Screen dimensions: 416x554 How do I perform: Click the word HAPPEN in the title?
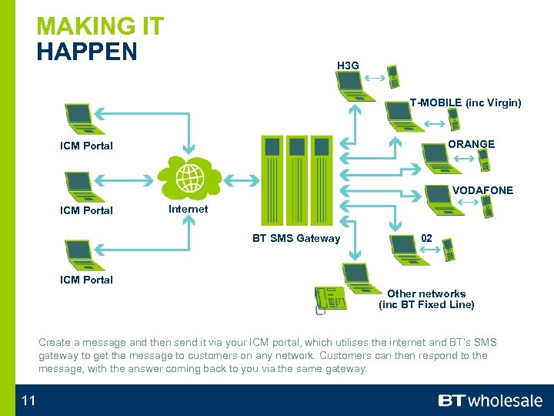click(87, 52)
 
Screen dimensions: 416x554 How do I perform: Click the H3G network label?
click(348, 65)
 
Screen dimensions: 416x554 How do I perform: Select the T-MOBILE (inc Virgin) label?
click(465, 102)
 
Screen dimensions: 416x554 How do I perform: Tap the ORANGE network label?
click(471, 144)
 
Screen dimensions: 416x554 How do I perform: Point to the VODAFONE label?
click(482, 190)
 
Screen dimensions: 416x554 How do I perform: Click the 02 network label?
click(426, 238)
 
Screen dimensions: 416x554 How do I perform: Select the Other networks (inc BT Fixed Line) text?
click(426, 299)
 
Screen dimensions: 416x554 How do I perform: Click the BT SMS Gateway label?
click(296, 238)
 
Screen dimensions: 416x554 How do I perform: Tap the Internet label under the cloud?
click(188, 209)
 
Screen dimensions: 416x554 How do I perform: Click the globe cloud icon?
click(189, 179)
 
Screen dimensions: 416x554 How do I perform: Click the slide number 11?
click(28, 400)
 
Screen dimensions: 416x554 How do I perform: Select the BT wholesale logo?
click(490, 401)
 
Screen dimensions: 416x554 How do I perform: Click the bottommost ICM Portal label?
click(86, 280)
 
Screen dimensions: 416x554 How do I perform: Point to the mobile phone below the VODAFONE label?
click(486, 207)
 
